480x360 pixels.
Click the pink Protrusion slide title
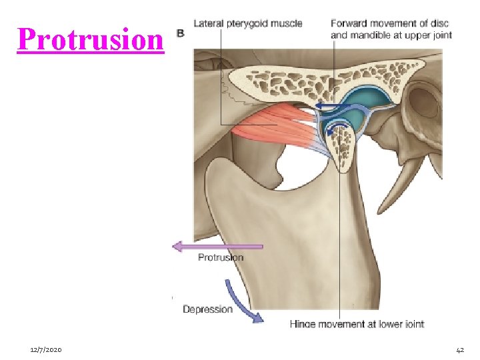point(90,40)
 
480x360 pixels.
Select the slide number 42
point(460,349)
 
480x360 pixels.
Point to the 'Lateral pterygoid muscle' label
point(247,23)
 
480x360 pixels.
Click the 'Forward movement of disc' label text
point(390,23)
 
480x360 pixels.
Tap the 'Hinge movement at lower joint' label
point(357,324)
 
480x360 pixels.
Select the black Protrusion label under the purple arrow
point(221,257)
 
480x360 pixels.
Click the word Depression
point(207,309)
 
